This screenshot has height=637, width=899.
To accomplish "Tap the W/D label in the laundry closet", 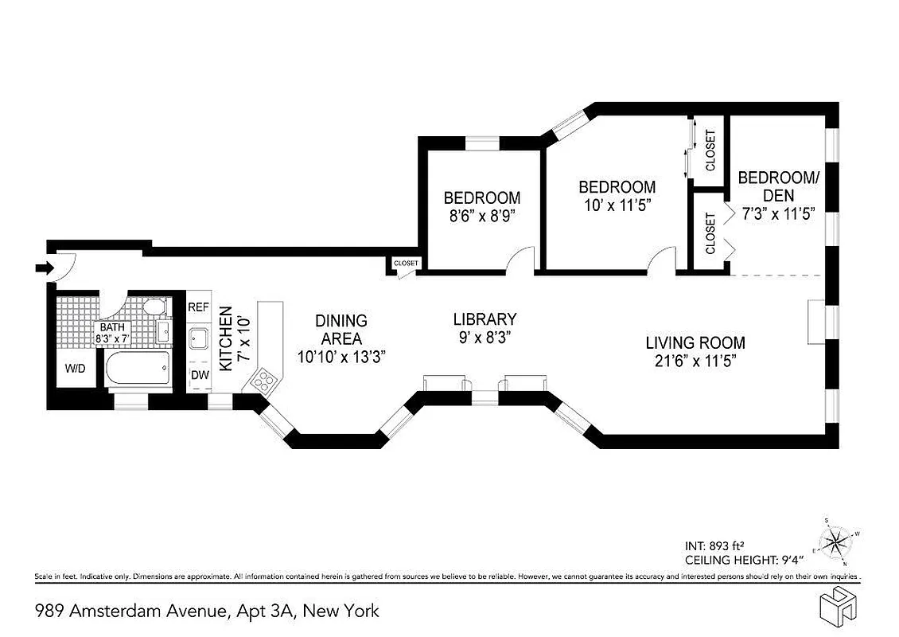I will click(x=76, y=368).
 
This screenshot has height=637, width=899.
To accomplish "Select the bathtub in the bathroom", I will click(x=137, y=369).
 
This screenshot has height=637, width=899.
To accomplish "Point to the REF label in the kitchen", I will click(x=197, y=307).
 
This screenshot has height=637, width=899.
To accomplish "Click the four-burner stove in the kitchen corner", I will click(x=263, y=380).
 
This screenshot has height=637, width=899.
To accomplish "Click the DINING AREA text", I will click(x=341, y=329).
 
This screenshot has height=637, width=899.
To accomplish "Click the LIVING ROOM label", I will click(x=695, y=343).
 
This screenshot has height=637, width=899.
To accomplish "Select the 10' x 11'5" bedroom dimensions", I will click(x=617, y=205).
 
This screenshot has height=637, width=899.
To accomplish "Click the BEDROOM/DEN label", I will click(x=777, y=186).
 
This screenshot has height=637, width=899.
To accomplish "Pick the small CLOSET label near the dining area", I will click(x=406, y=264).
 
